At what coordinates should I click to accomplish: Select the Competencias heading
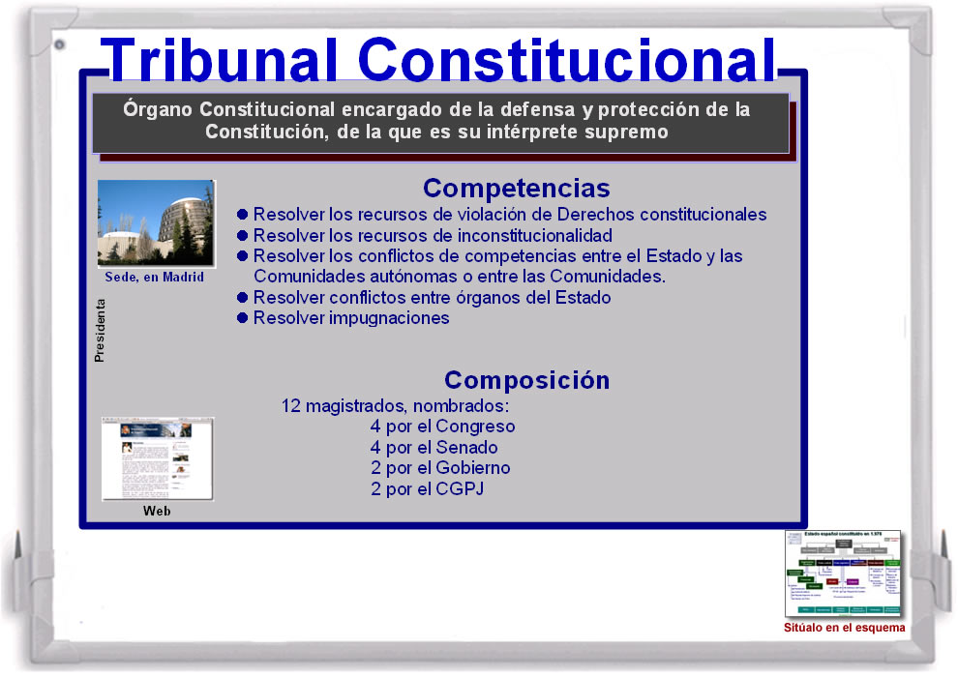tap(516, 188)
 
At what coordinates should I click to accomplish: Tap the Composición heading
tap(526, 380)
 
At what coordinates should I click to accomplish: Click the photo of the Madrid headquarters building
tap(156, 223)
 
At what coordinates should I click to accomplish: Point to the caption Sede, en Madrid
tap(155, 278)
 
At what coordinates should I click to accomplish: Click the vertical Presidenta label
tap(100, 331)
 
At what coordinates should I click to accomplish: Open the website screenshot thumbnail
tap(158, 459)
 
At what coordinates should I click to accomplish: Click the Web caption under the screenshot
tap(157, 511)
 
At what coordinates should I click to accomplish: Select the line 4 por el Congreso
tap(442, 427)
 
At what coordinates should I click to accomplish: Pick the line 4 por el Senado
tap(434, 448)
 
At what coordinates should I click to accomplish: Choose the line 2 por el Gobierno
tap(440, 468)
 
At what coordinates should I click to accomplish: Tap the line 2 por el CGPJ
tap(427, 489)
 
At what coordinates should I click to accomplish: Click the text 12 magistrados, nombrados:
tap(395, 405)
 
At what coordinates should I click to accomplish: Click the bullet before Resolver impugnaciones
tap(244, 318)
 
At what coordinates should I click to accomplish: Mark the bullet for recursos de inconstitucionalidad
tap(244, 235)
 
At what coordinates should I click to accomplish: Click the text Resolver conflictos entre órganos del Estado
tap(432, 298)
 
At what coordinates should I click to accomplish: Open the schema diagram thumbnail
tap(843, 574)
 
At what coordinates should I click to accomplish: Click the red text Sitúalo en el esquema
tap(844, 628)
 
